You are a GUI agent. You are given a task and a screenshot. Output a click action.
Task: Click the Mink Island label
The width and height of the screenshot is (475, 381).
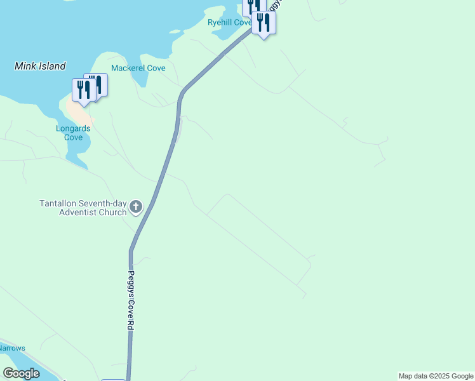point(40,65)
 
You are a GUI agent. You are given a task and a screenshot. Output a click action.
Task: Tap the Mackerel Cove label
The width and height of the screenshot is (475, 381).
point(138,68)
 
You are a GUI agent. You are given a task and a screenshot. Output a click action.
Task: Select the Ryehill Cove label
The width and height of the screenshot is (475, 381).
point(230,22)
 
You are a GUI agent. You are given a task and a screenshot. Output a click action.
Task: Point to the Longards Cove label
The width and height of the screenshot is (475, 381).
point(72,133)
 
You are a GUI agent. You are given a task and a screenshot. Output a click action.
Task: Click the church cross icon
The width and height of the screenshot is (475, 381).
point(136,206)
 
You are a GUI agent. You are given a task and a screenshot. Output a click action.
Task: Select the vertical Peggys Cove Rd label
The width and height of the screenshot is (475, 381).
point(131,300)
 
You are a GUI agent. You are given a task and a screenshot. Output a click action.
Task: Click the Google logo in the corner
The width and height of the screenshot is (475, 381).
point(21,373)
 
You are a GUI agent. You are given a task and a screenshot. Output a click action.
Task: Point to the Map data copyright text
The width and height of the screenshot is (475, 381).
point(436,376)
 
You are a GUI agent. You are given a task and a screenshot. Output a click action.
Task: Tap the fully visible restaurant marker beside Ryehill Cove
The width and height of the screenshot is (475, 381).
point(263,23)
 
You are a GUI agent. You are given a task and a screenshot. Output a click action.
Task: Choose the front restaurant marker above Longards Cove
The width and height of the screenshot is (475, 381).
point(83,90)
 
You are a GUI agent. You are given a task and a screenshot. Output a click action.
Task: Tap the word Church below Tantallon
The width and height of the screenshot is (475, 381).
point(112,212)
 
